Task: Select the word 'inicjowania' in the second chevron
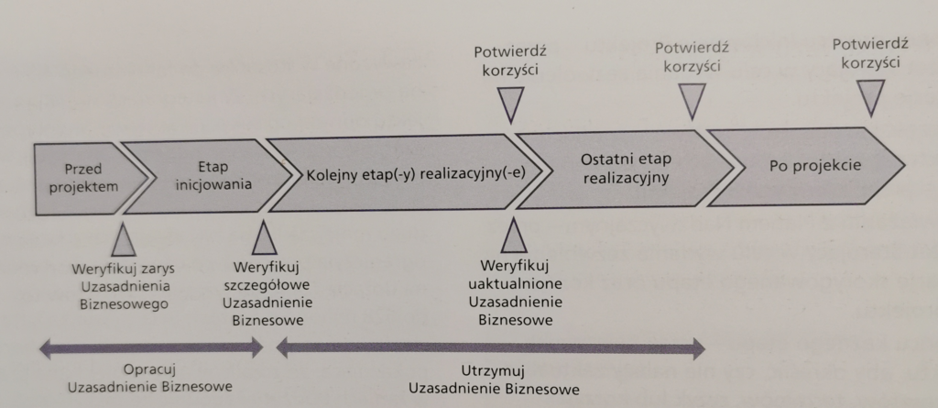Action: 212,183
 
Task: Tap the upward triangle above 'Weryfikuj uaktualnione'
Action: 515,237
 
